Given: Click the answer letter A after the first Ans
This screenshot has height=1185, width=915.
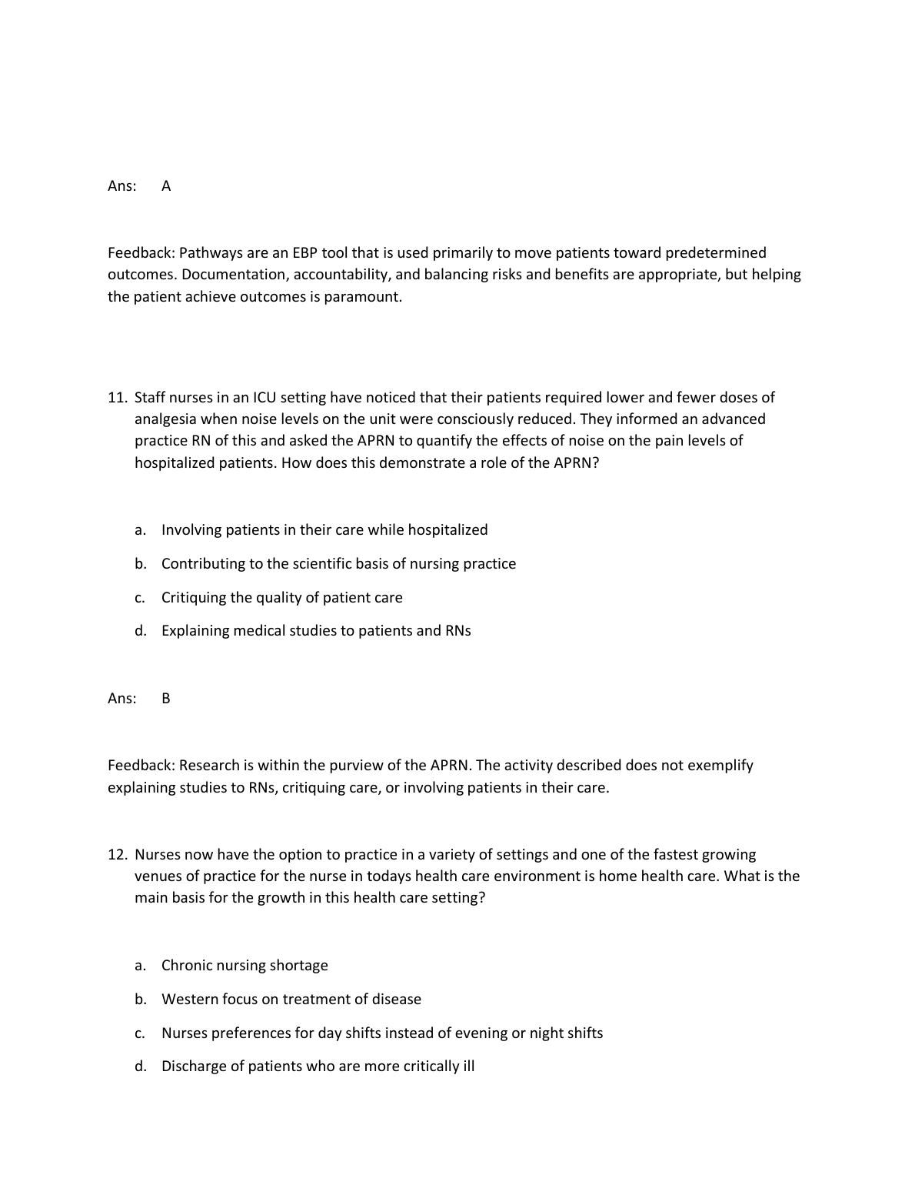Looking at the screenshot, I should pos(166,186).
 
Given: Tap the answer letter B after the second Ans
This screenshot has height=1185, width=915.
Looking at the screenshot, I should pos(166,699).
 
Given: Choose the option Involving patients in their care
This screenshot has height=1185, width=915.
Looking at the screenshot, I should pos(324,530).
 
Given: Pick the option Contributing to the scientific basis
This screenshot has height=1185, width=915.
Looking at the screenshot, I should pos(338,564).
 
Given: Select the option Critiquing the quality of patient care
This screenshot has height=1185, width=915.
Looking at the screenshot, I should pos(281,598).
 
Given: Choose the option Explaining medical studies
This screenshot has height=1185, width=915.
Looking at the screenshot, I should pos(316,631).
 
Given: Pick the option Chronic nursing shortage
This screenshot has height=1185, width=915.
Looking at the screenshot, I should pos(245,966).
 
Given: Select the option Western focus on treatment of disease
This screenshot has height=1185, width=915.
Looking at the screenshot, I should pos(291,1000).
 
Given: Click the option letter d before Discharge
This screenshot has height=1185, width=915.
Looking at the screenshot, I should pos(140,1066).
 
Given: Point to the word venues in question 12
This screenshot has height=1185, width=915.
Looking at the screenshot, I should pos(158,876).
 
